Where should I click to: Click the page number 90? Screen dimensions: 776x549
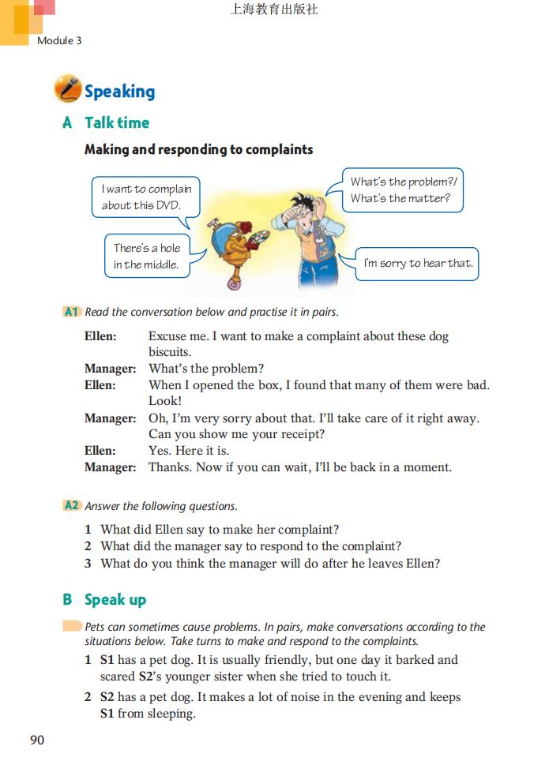point(37,740)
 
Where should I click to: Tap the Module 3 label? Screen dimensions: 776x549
point(59,40)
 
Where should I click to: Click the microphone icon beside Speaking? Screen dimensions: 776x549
point(67,90)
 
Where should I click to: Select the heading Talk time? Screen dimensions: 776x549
point(117,122)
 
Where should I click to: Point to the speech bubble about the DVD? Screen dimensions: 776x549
point(146,197)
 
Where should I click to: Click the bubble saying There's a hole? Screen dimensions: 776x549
point(147,256)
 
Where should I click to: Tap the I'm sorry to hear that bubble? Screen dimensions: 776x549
point(418,264)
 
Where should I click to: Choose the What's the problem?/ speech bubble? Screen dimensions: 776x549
point(403,189)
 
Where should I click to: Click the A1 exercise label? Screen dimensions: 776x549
point(72,312)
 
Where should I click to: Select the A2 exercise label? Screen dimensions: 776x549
point(72,506)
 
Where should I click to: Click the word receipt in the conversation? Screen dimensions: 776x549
point(298,434)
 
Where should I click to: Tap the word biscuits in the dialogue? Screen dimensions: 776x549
point(170,352)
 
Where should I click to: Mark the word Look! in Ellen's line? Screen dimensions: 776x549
point(165,401)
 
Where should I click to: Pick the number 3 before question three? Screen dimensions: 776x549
point(89,563)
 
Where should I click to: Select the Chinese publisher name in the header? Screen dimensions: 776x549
point(274,10)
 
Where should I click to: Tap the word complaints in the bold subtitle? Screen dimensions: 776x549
point(279,149)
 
